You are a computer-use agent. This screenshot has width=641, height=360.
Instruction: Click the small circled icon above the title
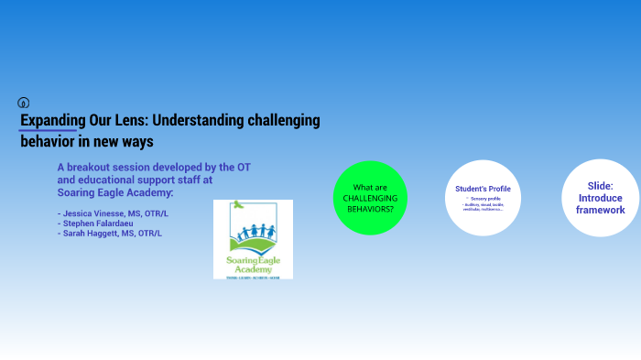(24, 103)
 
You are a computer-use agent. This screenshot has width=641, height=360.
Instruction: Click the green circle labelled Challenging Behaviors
(370, 198)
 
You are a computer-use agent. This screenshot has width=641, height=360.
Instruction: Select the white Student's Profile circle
(483, 198)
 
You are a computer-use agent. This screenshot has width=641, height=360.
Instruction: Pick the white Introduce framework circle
(600, 198)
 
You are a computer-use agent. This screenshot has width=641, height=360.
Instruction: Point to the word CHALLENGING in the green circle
(370, 198)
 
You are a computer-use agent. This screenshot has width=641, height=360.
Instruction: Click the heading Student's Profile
(483, 189)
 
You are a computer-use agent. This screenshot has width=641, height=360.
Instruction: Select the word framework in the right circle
(600, 210)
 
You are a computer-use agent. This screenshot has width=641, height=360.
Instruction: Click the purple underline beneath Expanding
(49, 131)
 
